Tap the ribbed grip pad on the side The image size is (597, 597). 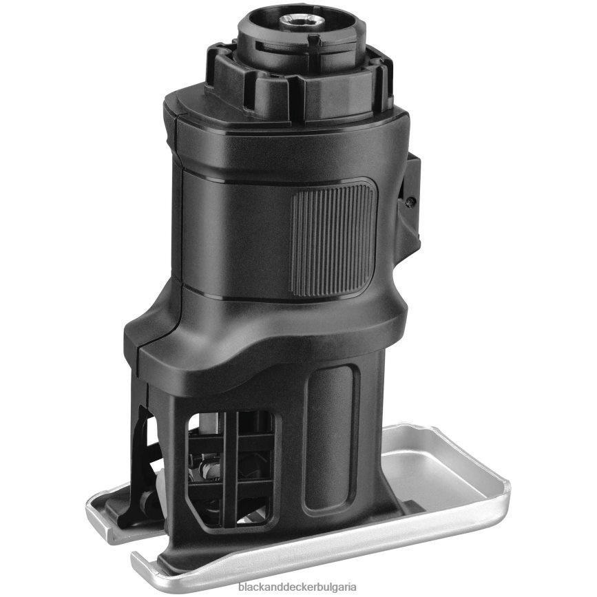(333, 240)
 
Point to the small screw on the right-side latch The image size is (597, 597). (410, 201)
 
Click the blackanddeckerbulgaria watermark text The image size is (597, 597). (297, 587)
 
